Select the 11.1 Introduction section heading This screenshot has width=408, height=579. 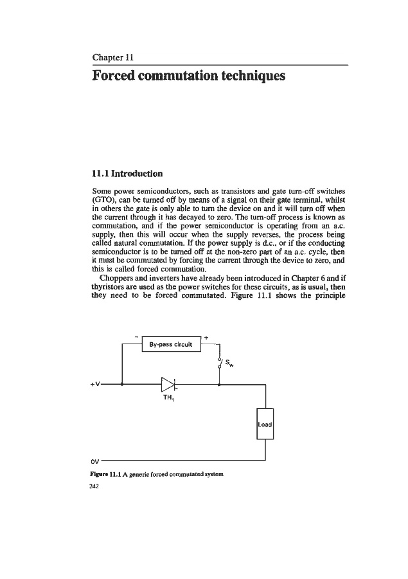(x=128, y=173)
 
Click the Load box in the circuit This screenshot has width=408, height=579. (x=265, y=425)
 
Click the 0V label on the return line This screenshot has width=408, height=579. (x=94, y=461)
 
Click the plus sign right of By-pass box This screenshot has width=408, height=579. (x=206, y=336)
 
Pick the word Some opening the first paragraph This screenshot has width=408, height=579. (x=103, y=191)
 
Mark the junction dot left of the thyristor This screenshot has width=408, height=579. (x=122, y=386)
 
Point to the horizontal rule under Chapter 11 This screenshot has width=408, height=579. (x=220, y=65)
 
